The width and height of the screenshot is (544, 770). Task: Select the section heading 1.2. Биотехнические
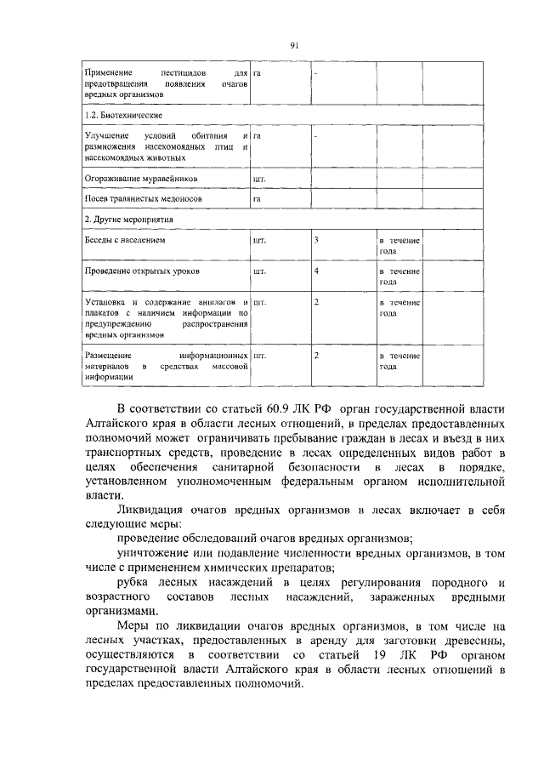tap(123, 114)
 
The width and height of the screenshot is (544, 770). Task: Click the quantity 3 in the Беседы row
tap(316, 241)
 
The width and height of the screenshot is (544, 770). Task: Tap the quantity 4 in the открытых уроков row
tap(316, 271)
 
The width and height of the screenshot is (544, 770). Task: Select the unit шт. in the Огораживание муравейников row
tap(260, 180)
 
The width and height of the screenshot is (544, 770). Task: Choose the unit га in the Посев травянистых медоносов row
tap(257, 199)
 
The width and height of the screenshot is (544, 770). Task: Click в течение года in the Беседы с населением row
tap(399, 247)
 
